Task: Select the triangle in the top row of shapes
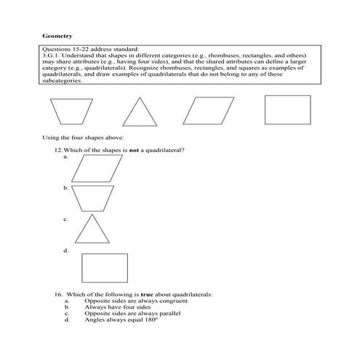139,112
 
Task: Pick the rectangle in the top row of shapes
287,111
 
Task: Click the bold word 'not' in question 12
134,150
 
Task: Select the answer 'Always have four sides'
116,307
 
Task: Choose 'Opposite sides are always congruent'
131,301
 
